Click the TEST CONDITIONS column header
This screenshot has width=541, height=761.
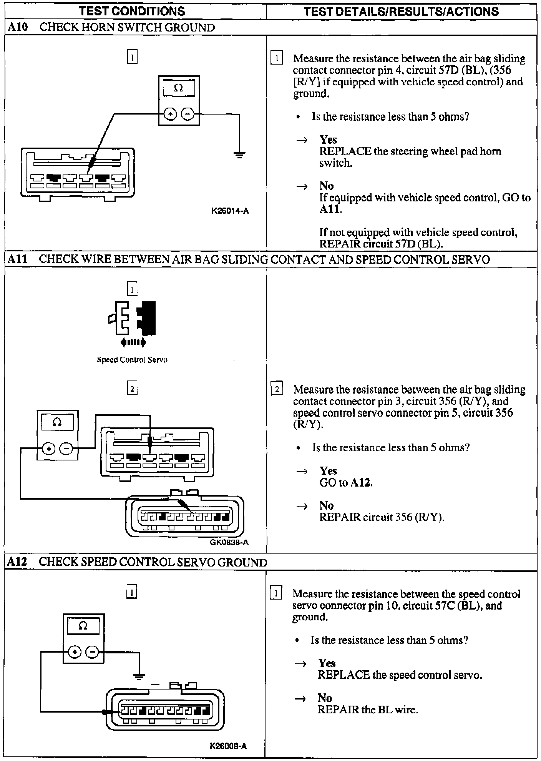coord(132,11)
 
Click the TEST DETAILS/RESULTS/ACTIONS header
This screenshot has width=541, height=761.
coord(401,12)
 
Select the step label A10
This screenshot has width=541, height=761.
coord(17,27)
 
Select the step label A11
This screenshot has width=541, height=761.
coord(17,259)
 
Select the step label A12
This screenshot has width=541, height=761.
coord(17,562)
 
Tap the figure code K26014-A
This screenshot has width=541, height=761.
coord(230,211)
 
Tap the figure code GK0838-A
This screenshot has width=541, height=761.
coord(229,542)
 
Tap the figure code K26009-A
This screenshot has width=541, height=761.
coord(228,746)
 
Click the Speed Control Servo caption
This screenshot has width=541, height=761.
coord(132,360)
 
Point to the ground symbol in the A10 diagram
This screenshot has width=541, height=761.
coord(239,155)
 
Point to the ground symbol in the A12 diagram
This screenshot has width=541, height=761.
coord(139,677)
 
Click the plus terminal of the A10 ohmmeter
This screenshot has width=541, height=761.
coord(171,114)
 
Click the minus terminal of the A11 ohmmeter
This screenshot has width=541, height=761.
coord(67,448)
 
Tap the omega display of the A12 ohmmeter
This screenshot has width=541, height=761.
coord(83,626)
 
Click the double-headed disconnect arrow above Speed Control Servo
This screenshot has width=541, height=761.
coord(133,342)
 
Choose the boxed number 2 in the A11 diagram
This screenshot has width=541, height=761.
coord(132,389)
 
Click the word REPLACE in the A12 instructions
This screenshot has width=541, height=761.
coord(343,675)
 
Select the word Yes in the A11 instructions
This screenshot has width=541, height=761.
coord(328,471)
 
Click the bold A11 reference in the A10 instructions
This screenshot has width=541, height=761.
coord(329,209)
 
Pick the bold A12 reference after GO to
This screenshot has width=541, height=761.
coord(361,483)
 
